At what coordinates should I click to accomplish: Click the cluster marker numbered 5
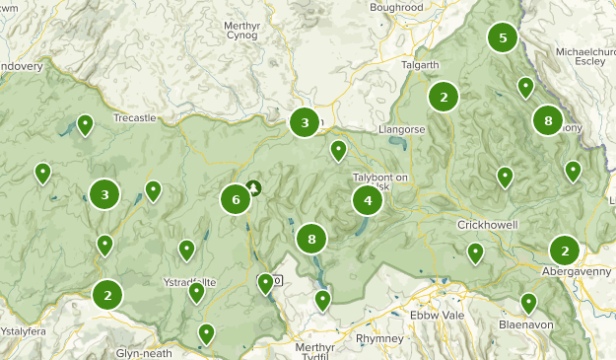pos(503,38)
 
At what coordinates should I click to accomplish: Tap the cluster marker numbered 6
pos(236,199)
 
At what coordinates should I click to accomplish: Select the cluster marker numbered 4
pos(368,200)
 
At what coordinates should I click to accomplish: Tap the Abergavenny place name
pos(577,270)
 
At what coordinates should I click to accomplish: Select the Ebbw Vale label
pos(437,315)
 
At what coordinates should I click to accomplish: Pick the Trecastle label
pos(135,117)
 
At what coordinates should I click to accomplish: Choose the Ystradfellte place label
pos(188,282)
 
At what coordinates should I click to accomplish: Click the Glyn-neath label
pos(143,353)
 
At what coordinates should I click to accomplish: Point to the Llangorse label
pos(401,129)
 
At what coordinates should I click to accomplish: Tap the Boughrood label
pos(396,7)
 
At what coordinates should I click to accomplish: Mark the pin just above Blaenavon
pos(528,303)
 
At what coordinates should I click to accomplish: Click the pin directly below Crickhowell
pos(475,252)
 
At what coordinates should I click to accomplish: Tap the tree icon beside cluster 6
pos(254,186)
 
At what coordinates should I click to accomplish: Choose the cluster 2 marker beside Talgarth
pos(444,97)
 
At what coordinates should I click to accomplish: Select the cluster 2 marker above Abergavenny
pos(564,250)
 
